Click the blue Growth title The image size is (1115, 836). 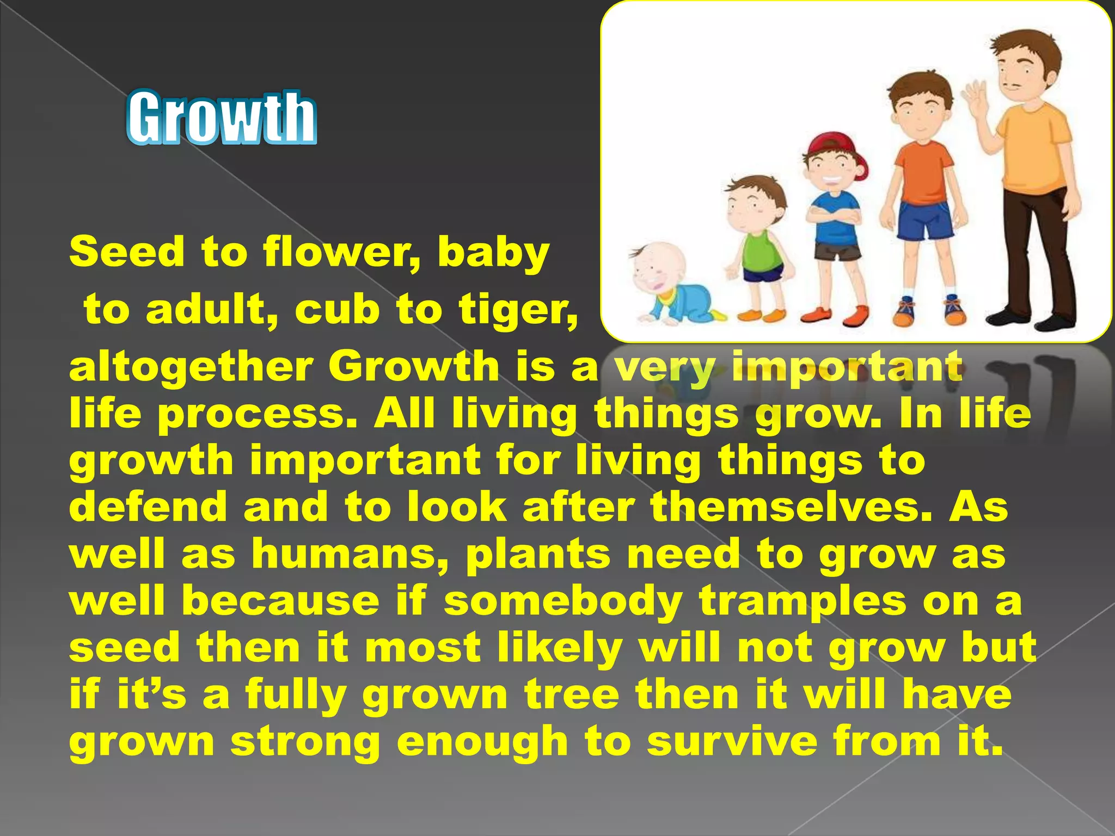(x=222, y=118)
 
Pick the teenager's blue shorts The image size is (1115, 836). (x=924, y=220)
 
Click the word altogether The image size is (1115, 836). (x=191, y=367)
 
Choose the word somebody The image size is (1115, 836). (x=563, y=601)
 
